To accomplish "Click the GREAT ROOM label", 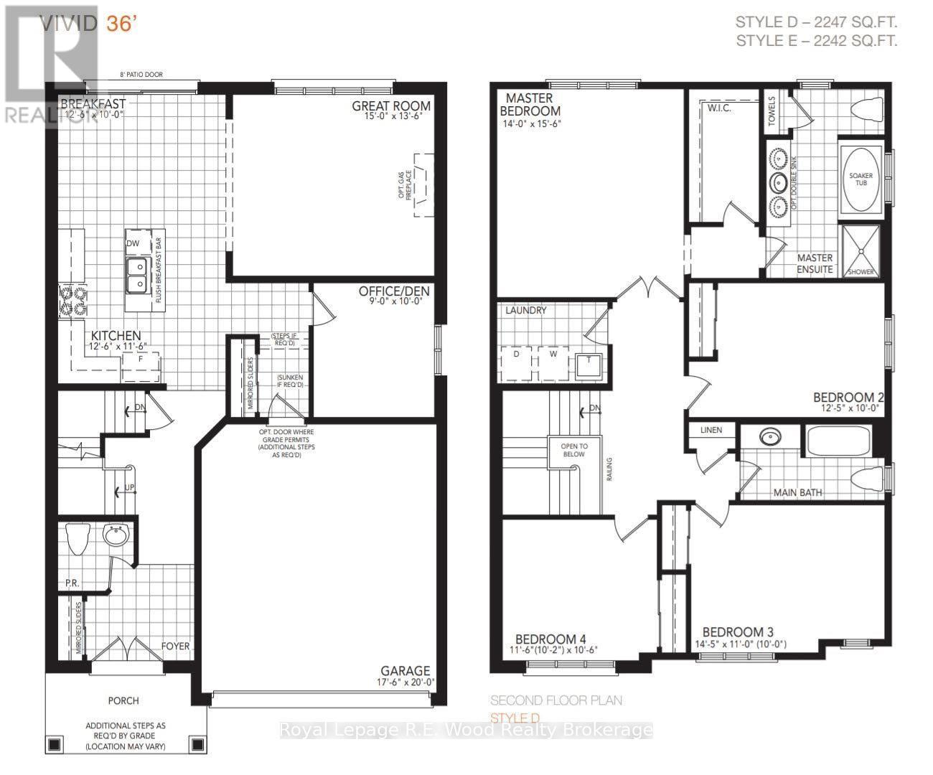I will click(x=390, y=106).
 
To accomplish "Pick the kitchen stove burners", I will click(x=72, y=301).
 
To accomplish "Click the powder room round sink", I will click(x=114, y=535).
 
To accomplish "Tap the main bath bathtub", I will click(x=838, y=440).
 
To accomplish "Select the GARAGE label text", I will click(x=405, y=671).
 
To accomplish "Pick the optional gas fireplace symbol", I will click(x=422, y=183).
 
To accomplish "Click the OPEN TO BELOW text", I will click(x=574, y=451).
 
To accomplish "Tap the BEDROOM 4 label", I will click(x=545, y=639).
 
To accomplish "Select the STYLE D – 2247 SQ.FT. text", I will click(x=816, y=22).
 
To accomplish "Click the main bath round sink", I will click(x=771, y=436).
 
